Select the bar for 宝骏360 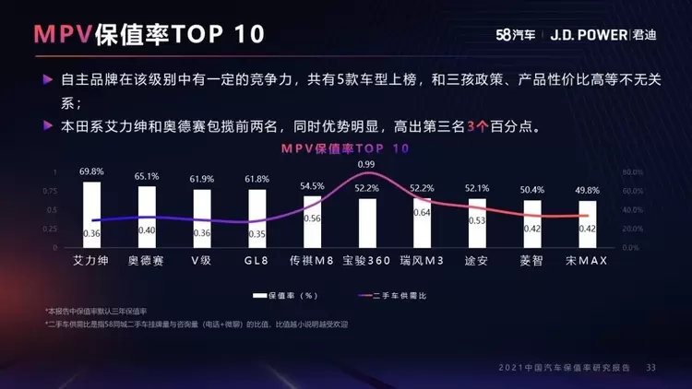(367, 222)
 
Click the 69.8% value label (91, 172)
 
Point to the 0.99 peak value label (367, 164)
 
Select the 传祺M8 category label (312, 261)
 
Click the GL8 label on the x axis (257, 261)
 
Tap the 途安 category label (476, 261)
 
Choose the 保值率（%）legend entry (286, 295)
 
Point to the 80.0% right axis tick (632, 172)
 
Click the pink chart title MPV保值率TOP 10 (346, 148)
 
